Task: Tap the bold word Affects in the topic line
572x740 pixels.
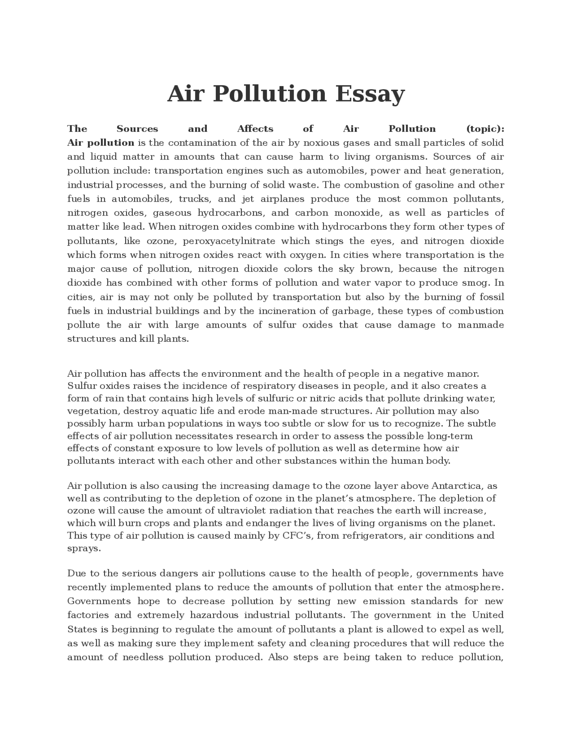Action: (x=255, y=129)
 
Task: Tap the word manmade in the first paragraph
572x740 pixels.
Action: (x=481, y=325)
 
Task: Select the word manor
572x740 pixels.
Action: (x=464, y=374)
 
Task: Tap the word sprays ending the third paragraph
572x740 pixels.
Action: (x=84, y=548)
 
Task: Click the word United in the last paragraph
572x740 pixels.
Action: (x=488, y=615)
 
